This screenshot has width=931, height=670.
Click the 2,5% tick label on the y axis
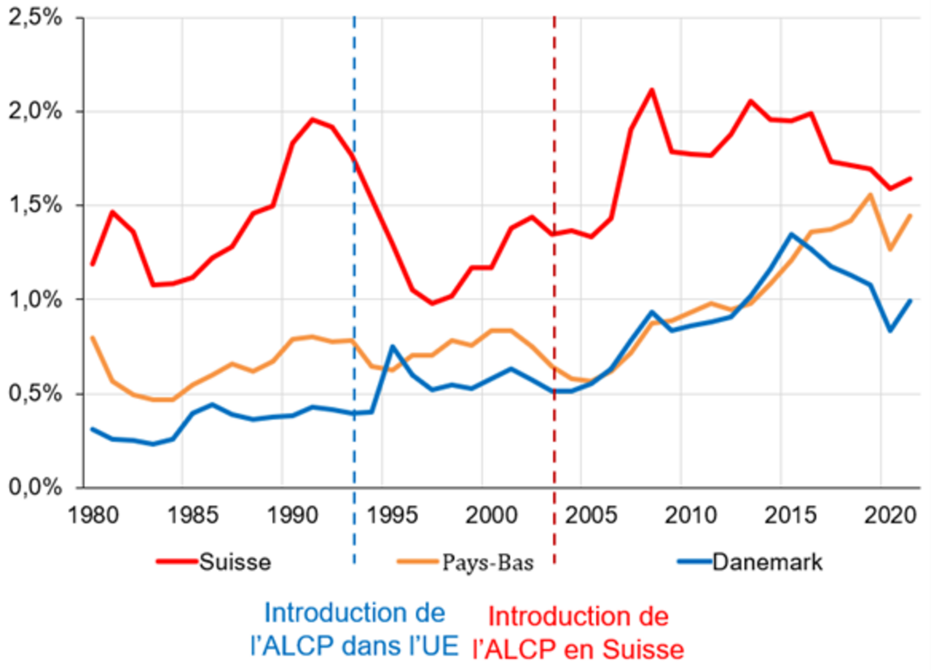click(35, 17)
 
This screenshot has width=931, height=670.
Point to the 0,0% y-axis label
click(35, 487)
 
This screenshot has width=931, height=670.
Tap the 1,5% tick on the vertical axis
click(35, 205)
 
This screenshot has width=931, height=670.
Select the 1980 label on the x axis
click(93, 515)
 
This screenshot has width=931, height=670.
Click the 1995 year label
click(392, 515)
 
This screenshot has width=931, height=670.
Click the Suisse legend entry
click(235, 562)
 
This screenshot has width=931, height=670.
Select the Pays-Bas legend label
click(488, 562)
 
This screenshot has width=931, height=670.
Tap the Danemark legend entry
click(767, 562)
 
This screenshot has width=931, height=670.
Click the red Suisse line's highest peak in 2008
click(652, 90)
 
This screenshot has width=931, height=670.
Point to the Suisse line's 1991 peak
click(312, 120)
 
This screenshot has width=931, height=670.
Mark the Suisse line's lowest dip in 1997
click(432, 303)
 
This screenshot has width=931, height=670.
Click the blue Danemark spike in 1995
click(393, 347)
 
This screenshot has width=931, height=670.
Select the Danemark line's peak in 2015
click(791, 235)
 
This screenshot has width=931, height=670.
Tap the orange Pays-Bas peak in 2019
click(870, 195)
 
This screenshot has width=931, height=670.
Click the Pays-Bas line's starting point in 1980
click(93, 338)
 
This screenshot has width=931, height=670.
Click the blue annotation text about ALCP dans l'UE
click(354, 629)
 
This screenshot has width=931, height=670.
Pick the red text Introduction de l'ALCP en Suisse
click(578, 633)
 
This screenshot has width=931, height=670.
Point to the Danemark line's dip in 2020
click(890, 330)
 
